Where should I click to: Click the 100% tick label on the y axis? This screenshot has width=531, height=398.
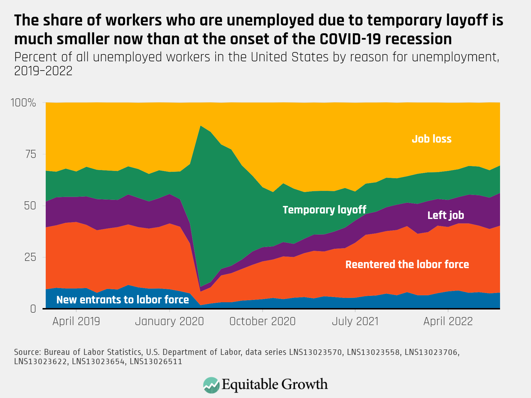click(x=23, y=103)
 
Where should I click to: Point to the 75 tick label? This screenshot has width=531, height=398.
click(x=31, y=154)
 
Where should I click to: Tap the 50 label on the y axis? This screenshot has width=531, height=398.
click(x=30, y=206)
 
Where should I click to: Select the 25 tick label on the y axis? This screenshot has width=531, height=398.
click(x=30, y=257)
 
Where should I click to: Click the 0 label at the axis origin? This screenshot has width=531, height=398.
click(x=33, y=309)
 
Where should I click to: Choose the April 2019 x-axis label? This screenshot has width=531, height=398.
click(x=76, y=321)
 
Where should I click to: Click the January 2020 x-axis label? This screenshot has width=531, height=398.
click(x=169, y=321)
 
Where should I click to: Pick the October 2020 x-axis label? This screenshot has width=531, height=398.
click(x=262, y=321)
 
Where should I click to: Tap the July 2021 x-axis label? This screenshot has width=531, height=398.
click(x=355, y=321)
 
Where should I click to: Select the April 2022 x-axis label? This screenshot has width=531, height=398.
click(x=448, y=321)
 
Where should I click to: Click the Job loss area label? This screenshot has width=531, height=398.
click(x=431, y=139)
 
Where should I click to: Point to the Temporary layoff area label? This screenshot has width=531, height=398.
click(x=324, y=210)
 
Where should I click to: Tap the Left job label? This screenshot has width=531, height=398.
click(x=446, y=215)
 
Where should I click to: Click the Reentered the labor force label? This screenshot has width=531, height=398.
click(x=407, y=264)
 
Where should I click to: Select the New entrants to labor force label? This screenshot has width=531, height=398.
click(x=122, y=300)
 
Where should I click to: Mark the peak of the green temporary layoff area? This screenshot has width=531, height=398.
click(x=201, y=126)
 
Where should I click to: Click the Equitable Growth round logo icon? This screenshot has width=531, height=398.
click(x=211, y=385)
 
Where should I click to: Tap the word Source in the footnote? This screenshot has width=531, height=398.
click(x=27, y=352)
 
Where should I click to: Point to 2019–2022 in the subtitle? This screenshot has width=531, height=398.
click(x=43, y=71)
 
